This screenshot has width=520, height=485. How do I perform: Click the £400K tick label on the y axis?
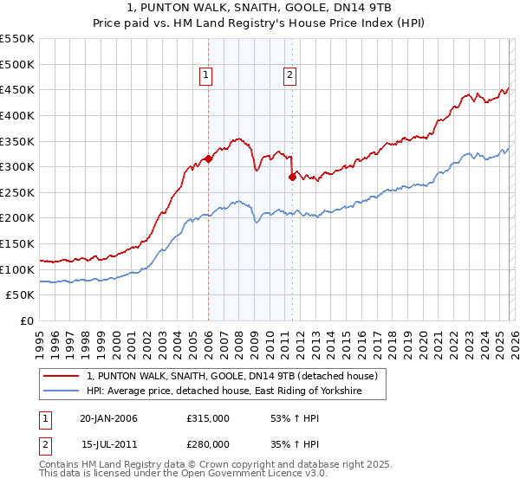click(x=17, y=115)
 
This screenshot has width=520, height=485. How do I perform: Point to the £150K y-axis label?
click(x=17, y=243)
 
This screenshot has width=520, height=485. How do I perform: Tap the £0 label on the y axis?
click(x=26, y=320)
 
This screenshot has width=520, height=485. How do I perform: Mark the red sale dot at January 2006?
click(x=208, y=159)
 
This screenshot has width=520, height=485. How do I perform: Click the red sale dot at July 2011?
click(x=292, y=177)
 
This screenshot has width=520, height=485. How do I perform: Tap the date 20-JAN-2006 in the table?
click(x=108, y=418)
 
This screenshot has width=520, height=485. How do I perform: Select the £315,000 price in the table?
click(x=208, y=418)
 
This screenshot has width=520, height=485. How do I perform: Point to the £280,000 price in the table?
click(x=208, y=443)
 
